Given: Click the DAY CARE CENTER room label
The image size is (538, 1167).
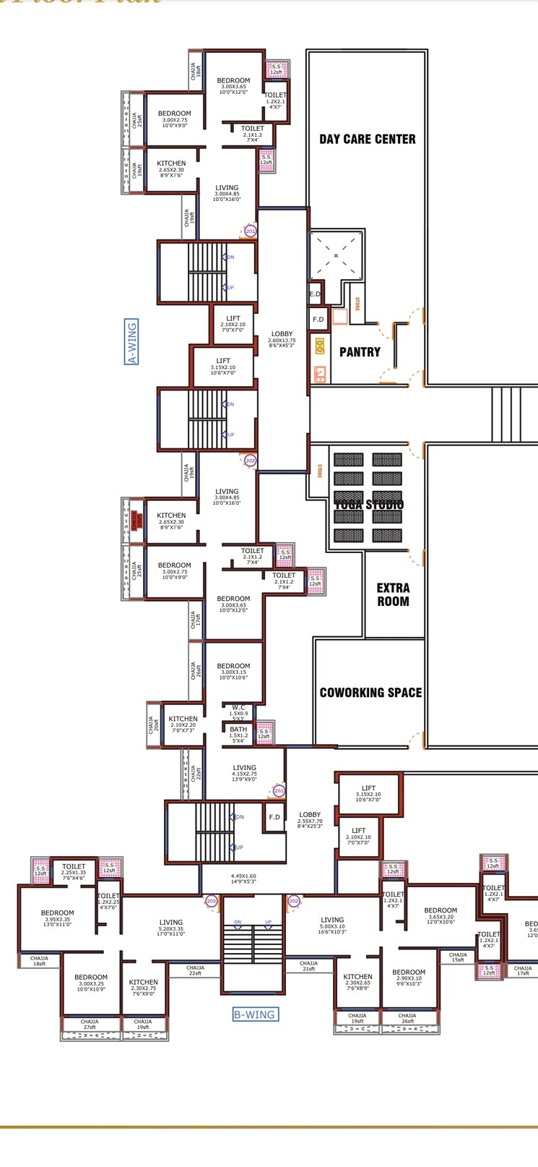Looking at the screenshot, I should click(368, 139).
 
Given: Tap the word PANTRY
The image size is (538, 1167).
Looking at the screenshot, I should click(360, 352).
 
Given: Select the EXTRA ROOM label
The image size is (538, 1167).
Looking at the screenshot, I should click(393, 594).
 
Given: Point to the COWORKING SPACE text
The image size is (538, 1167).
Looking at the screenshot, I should click(370, 693).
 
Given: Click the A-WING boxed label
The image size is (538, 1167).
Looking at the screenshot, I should click(131, 341).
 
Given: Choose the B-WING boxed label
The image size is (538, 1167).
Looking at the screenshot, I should click(254, 1014).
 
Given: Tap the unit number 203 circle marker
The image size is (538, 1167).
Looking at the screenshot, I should click(211, 901).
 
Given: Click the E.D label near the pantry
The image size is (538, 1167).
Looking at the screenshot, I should click(315, 294).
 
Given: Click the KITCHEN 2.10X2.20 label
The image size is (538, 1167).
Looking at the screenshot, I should click(183, 722).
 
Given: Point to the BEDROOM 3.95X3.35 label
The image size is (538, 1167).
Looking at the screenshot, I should click(57, 917).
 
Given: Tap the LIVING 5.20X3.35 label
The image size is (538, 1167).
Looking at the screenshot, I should click(171, 926).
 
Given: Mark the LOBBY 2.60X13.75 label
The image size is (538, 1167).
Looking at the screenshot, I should click(282, 338).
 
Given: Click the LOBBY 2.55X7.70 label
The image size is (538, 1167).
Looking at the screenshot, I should click(310, 819).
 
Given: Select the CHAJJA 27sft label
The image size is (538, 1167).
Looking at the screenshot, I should click(90, 1024).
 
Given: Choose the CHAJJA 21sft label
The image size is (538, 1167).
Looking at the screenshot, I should click(308, 965).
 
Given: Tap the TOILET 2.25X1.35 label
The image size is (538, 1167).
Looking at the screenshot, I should click(74, 869).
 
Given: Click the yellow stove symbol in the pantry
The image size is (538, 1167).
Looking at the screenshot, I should click(319, 347).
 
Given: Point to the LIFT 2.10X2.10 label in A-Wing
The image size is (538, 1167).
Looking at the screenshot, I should click(233, 322).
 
